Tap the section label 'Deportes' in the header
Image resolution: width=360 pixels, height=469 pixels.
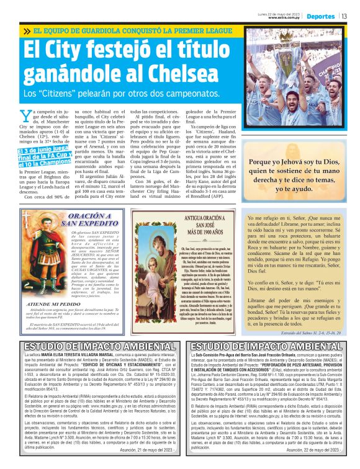[320, 16]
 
